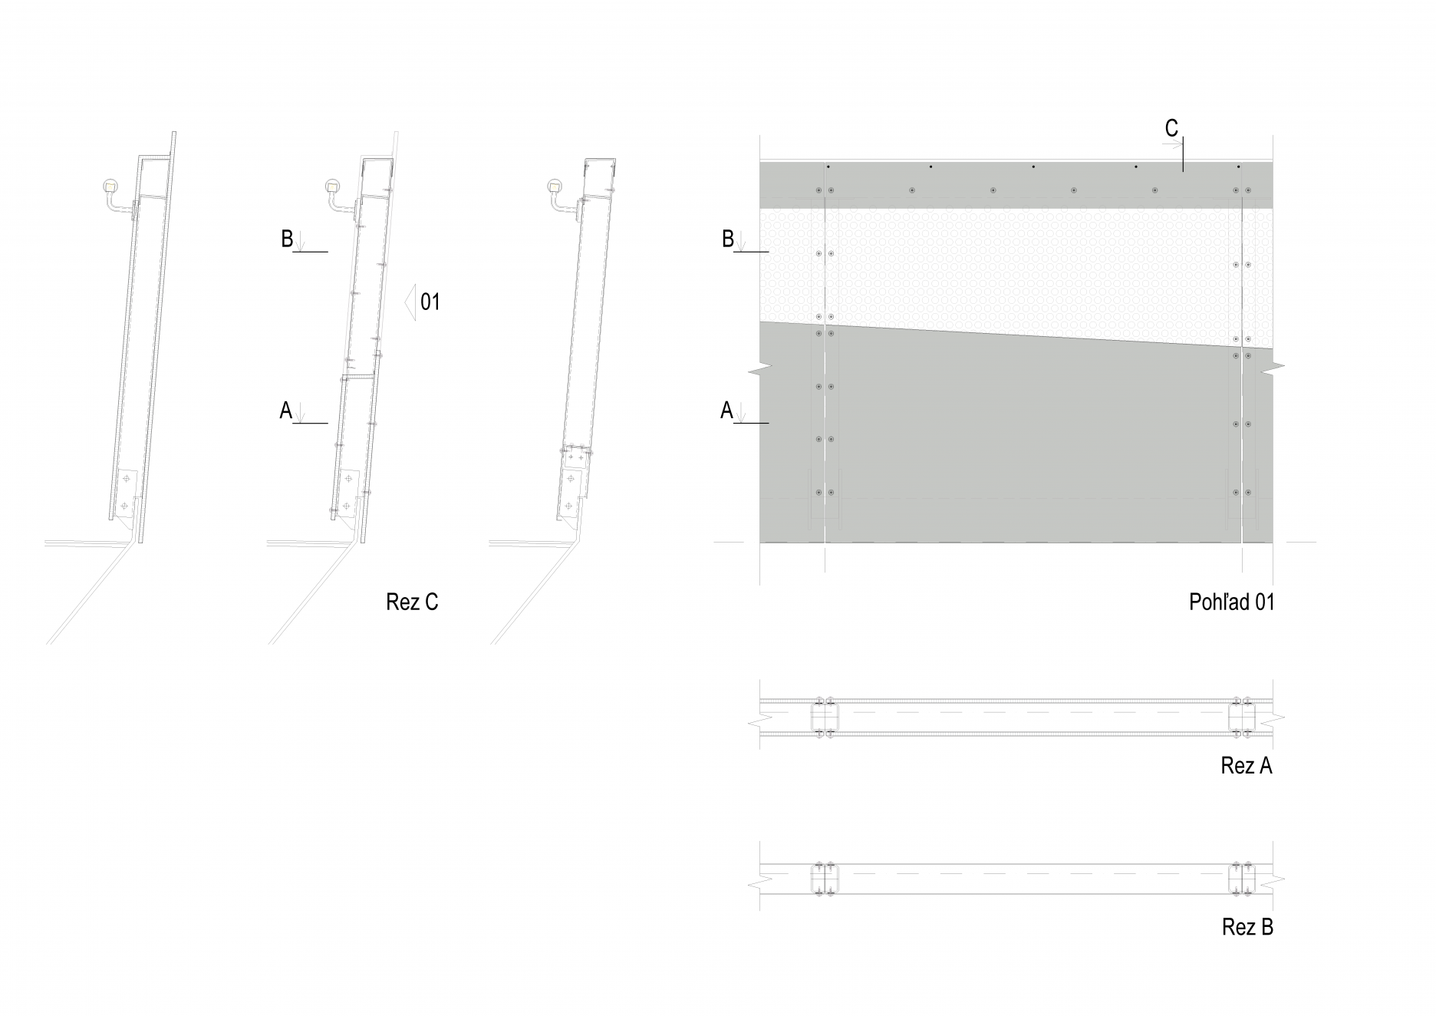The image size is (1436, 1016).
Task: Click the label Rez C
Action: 412,602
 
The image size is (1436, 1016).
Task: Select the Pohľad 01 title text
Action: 1231,602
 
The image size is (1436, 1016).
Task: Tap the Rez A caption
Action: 1247,766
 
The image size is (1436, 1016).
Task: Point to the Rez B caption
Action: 1247,927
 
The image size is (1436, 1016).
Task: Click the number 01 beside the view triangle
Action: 430,302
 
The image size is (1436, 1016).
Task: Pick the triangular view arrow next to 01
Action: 410,302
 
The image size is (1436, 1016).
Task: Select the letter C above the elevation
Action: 1171,129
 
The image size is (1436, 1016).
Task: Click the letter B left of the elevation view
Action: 728,239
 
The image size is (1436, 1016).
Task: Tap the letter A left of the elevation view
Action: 726,411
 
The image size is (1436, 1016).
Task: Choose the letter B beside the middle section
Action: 287,239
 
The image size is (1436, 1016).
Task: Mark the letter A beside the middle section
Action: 285,411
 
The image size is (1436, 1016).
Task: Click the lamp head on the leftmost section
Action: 111,186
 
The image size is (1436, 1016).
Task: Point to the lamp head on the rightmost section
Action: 555,186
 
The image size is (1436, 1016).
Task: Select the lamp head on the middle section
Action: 333,186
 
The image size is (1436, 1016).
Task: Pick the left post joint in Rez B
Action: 825,879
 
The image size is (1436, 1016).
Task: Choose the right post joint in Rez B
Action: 1242,879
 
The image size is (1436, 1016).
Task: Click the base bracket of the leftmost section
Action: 127,495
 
